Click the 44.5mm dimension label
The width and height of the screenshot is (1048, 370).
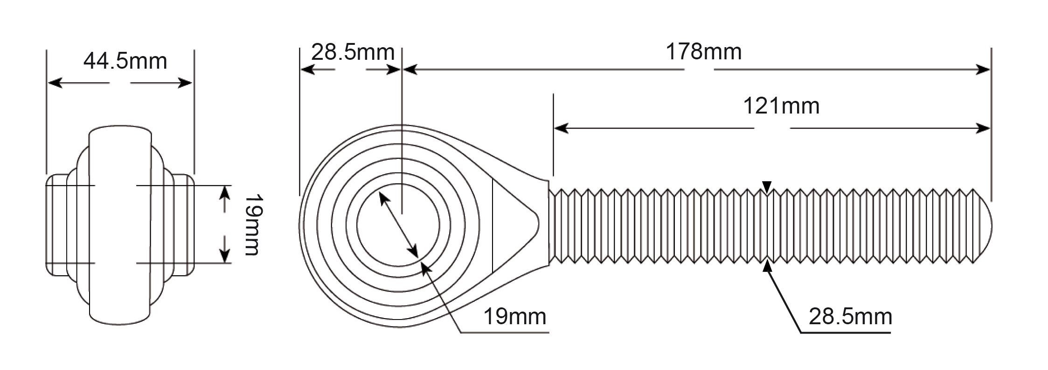pyautogui.click(x=125, y=61)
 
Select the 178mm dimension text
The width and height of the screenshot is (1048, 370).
pyautogui.click(x=703, y=51)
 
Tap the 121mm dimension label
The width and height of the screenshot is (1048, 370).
pyautogui.click(x=781, y=106)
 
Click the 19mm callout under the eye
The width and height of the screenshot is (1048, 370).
pyautogui.click(x=514, y=316)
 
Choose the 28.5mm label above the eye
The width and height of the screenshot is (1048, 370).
pyautogui.click(x=353, y=52)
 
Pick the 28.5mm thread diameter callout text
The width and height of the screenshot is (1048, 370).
pyautogui.click(x=850, y=316)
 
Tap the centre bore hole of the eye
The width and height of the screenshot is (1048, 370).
pyautogui.click(x=398, y=225)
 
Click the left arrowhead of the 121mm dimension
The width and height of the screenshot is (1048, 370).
pyautogui.click(x=561, y=128)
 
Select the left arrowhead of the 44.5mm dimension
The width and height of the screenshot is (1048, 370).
pyautogui.click(x=56, y=83)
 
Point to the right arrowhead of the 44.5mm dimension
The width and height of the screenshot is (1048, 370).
pyautogui.click(x=184, y=83)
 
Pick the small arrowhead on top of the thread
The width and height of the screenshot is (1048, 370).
pyautogui.click(x=767, y=186)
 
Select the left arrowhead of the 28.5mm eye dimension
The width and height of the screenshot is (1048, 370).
pyautogui.click(x=307, y=70)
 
